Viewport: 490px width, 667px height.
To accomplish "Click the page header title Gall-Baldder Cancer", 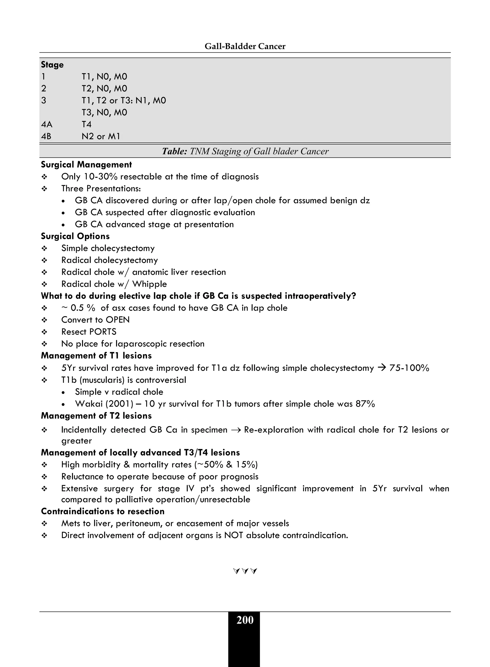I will (x=245, y=46).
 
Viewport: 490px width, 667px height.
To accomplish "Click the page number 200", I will (x=245, y=620).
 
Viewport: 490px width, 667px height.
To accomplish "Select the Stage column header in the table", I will (x=52, y=65).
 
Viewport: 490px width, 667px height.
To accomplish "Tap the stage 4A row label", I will (x=47, y=124).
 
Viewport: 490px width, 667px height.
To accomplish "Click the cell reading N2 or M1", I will (x=101, y=136).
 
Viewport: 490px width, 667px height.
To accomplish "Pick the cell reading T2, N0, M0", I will (x=104, y=88).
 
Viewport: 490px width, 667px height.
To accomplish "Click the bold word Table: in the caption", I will (x=174, y=151).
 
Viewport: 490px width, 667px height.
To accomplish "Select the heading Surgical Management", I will (x=86, y=165).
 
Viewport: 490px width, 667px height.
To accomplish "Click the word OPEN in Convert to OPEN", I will (x=118, y=320).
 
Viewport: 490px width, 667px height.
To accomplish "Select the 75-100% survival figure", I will (x=409, y=368).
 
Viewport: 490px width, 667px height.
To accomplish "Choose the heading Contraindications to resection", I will (x=103, y=511).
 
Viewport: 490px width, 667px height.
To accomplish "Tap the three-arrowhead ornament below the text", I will (x=245, y=571).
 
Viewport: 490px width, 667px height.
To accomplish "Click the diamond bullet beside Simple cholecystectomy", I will (x=45, y=249).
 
